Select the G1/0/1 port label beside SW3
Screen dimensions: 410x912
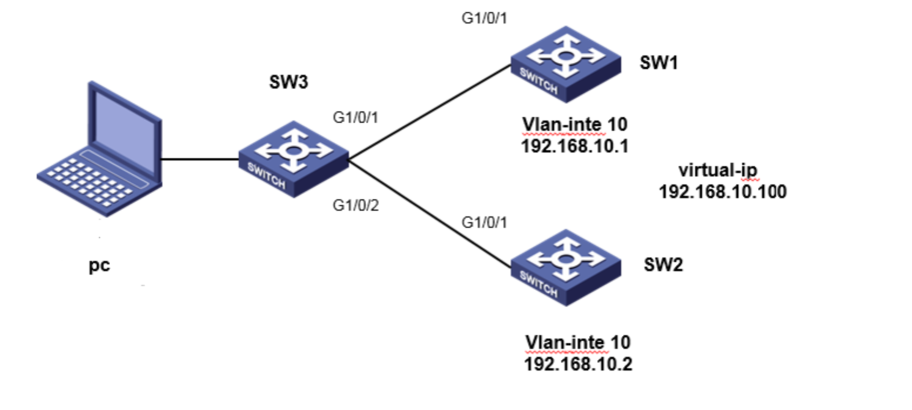pos(356,117)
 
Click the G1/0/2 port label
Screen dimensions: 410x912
pos(357,206)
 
